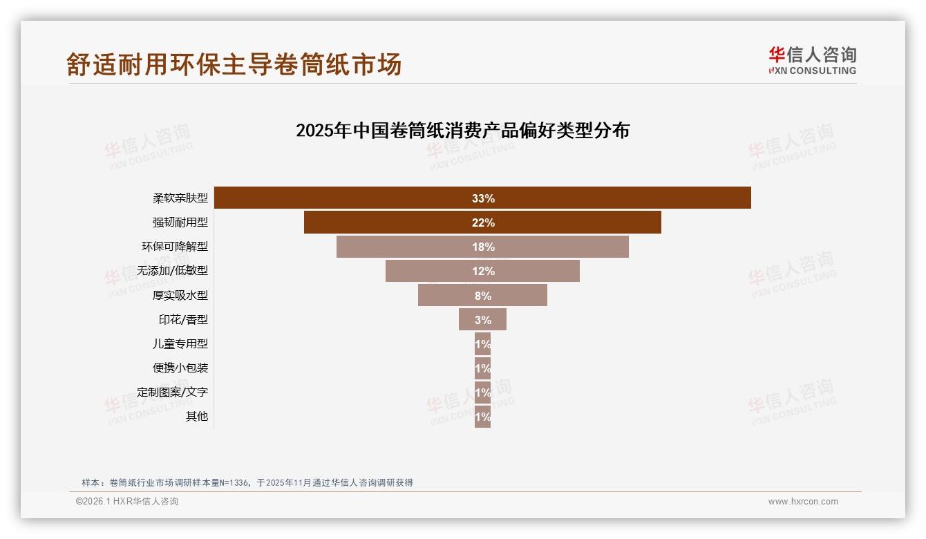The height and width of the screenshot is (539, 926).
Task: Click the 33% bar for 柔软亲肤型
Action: [x=482, y=198]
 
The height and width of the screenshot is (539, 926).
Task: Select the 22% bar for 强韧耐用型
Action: [x=482, y=223]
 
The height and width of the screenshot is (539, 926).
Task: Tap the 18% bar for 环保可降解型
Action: [x=482, y=247]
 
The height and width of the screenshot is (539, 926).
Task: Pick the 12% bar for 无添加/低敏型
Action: [x=482, y=271]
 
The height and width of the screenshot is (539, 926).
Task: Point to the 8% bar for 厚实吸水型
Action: [x=482, y=295]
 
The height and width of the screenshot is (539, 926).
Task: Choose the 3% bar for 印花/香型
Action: [x=482, y=319]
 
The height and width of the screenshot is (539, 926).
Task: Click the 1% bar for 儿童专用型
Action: [x=482, y=344]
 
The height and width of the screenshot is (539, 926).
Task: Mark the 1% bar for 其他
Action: [x=482, y=417]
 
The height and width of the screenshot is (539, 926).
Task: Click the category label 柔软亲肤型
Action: [x=180, y=198]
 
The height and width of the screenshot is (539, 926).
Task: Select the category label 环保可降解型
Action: [x=174, y=247]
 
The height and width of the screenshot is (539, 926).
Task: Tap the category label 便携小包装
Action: [x=180, y=368]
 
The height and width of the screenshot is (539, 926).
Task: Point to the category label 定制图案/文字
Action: [x=172, y=392]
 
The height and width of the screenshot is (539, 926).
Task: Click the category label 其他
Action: [x=196, y=416]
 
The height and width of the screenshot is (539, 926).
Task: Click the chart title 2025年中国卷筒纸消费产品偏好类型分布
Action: [x=462, y=131]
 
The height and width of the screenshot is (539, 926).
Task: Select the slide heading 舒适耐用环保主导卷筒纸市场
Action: [x=234, y=64]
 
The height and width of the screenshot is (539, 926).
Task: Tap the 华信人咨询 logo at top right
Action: [x=812, y=60]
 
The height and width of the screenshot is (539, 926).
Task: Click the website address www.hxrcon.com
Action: [x=803, y=502]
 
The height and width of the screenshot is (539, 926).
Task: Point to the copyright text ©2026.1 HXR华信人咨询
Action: [x=127, y=502]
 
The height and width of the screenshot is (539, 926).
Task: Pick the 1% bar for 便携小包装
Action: [x=482, y=368]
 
